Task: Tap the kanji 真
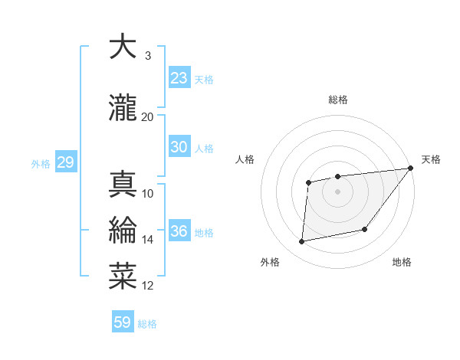point(123,184)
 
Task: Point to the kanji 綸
point(123,231)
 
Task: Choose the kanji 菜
point(123,277)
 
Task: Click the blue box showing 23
point(179,78)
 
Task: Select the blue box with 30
point(179,147)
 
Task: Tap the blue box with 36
point(179,231)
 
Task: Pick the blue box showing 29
point(65,162)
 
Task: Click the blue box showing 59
point(123,322)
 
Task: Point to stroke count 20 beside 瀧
point(147,116)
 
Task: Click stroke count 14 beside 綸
point(147,240)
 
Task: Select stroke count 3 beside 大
point(147,56)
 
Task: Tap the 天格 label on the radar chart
point(431,159)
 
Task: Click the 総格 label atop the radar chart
point(338,100)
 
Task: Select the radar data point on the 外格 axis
point(302,242)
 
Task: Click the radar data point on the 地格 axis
point(366,229)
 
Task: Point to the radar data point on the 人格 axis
point(308,182)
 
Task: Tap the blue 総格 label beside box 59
point(147,324)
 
